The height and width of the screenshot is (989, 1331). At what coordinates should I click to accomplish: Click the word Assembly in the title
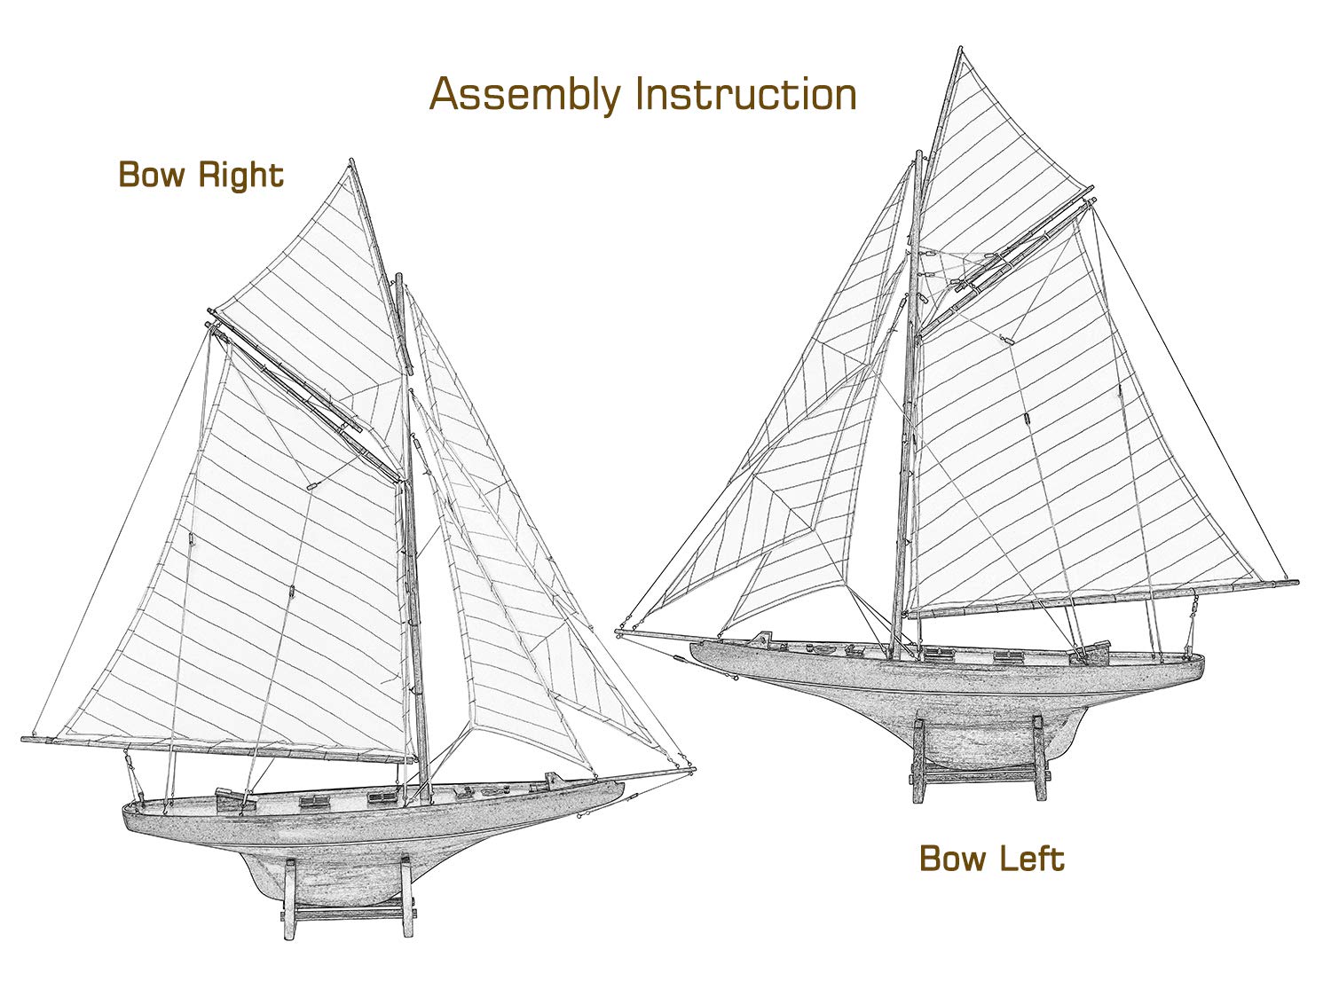(x=525, y=94)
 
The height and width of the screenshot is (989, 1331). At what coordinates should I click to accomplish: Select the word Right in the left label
(x=240, y=176)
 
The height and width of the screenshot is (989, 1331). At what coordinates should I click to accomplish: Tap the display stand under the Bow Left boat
(x=981, y=758)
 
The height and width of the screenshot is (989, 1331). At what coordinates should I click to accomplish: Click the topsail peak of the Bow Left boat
(x=961, y=49)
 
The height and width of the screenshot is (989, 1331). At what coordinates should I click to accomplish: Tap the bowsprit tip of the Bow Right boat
(x=694, y=769)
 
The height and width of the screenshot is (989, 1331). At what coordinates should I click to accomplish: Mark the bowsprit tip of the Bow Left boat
(x=618, y=632)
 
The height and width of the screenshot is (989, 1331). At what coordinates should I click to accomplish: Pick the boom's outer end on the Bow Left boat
(x=1296, y=582)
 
